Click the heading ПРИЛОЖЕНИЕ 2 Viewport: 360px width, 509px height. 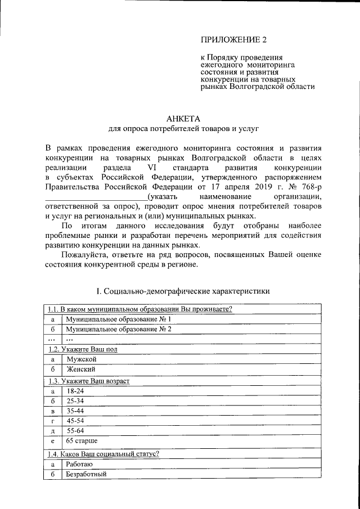click(x=232, y=39)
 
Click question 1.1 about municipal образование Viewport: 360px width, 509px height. click(x=140, y=309)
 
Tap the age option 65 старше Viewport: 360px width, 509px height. click(x=82, y=441)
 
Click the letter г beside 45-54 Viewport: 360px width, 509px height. click(x=52, y=421)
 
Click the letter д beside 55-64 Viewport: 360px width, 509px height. click(x=52, y=431)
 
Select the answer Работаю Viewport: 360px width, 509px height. click(x=79, y=464)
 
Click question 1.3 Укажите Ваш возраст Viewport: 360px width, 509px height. click(x=88, y=381)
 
